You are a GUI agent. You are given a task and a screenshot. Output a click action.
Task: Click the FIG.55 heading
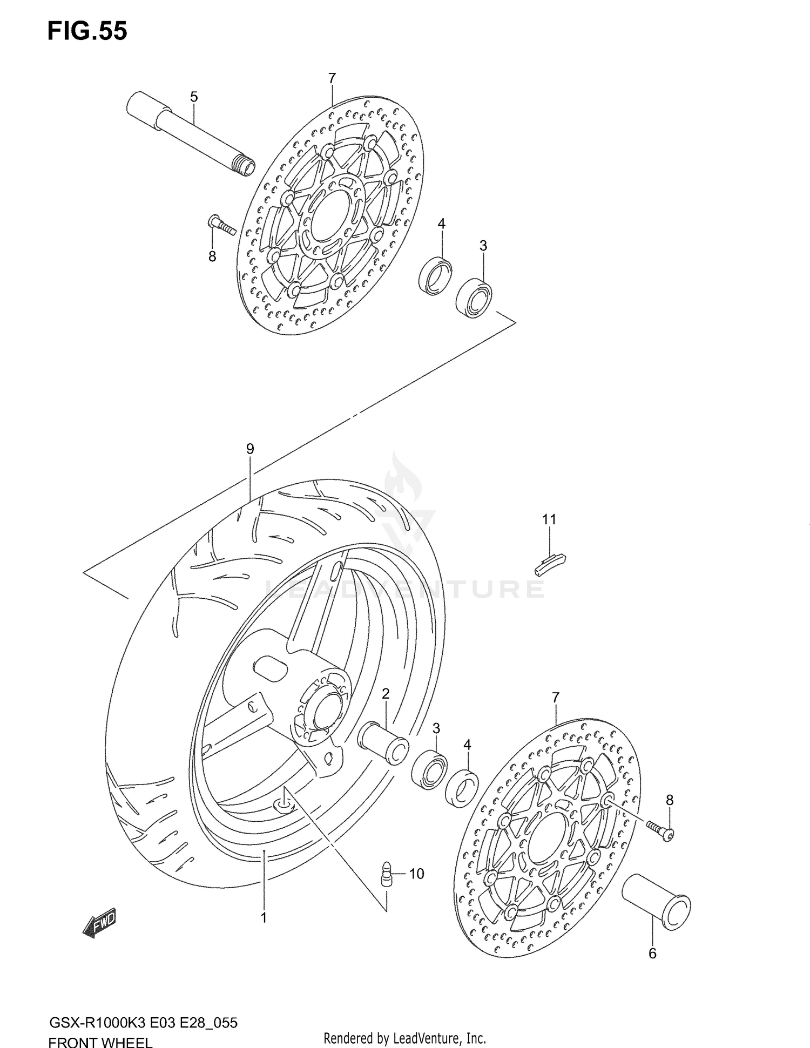(87, 31)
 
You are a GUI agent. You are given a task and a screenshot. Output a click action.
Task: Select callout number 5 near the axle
(194, 97)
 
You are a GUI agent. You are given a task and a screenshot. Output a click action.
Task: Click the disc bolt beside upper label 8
(221, 225)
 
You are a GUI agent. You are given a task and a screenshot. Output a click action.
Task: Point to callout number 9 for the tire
(249, 449)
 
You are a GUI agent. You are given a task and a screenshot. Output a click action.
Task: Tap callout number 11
(549, 519)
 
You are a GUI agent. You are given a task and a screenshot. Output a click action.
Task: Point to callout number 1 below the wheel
(264, 917)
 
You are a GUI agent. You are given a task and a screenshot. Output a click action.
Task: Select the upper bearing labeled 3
(474, 298)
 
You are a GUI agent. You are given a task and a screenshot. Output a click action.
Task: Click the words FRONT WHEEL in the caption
(100, 1042)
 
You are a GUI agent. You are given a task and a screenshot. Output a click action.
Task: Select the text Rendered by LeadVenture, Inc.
(405, 1038)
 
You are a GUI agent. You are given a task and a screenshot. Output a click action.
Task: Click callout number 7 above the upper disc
(332, 79)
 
